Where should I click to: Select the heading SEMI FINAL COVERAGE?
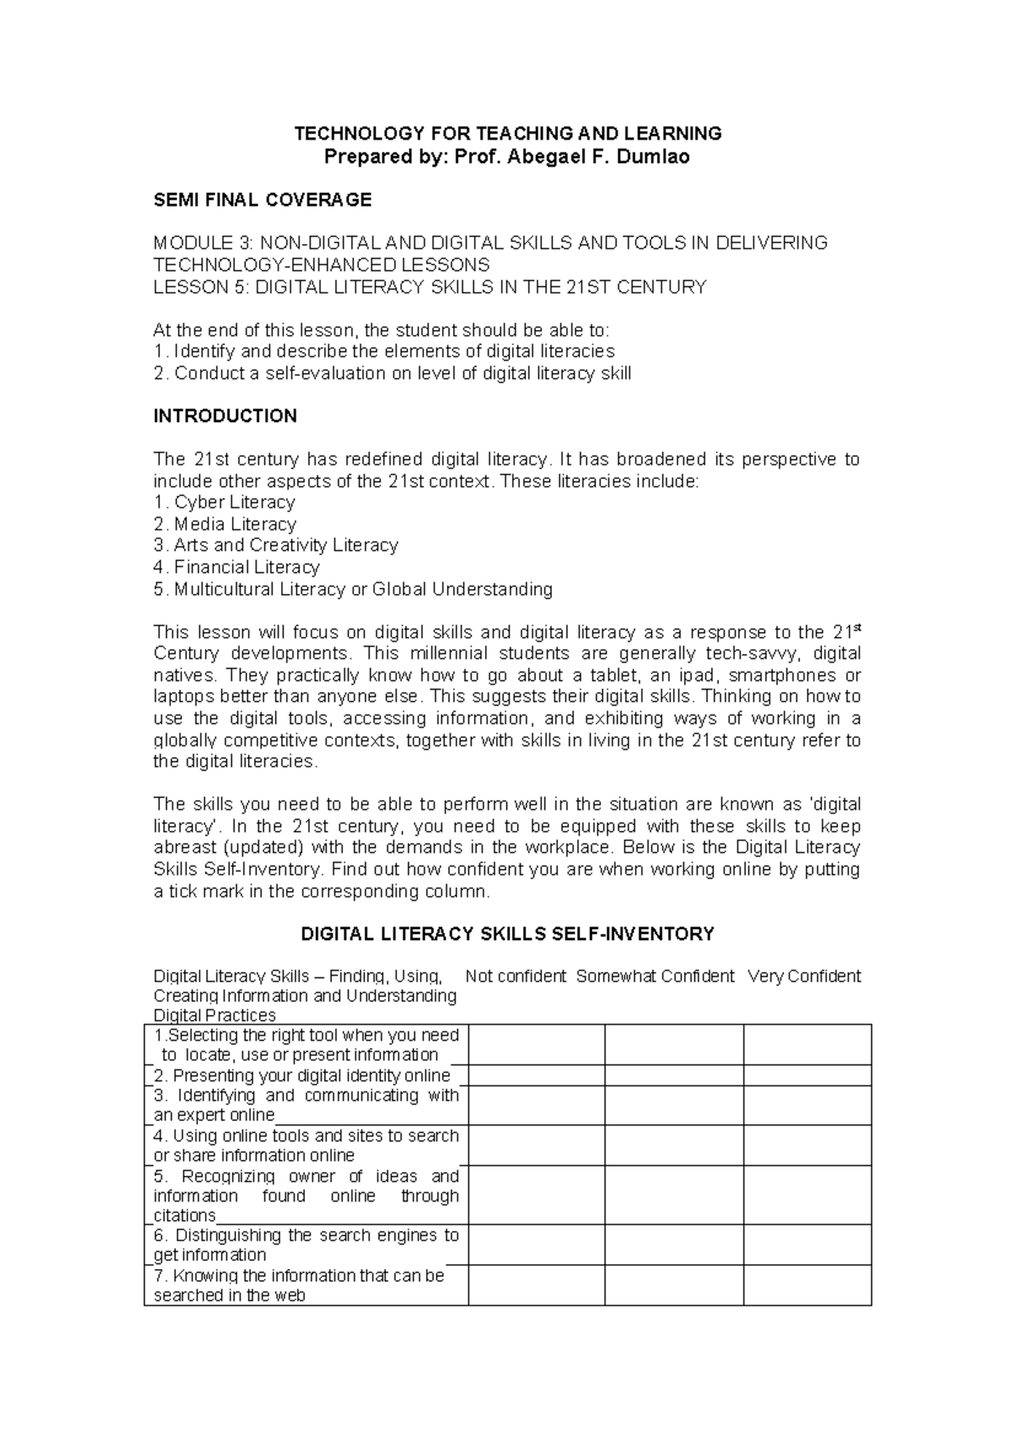(x=262, y=200)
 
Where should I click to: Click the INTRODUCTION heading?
(x=224, y=415)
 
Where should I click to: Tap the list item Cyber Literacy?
(x=235, y=503)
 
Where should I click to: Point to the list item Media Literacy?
(x=235, y=525)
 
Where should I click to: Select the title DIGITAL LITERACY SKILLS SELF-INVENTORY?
(x=508, y=934)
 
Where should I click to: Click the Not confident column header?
(x=516, y=976)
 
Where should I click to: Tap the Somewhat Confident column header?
(x=655, y=976)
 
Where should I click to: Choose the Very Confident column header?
(x=804, y=976)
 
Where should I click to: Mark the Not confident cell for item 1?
(x=536, y=1045)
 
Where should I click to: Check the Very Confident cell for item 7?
(x=807, y=1285)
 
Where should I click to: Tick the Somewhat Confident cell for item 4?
(x=674, y=1146)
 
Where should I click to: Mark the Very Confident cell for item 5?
(x=807, y=1196)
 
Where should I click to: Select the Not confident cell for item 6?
(x=536, y=1245)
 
